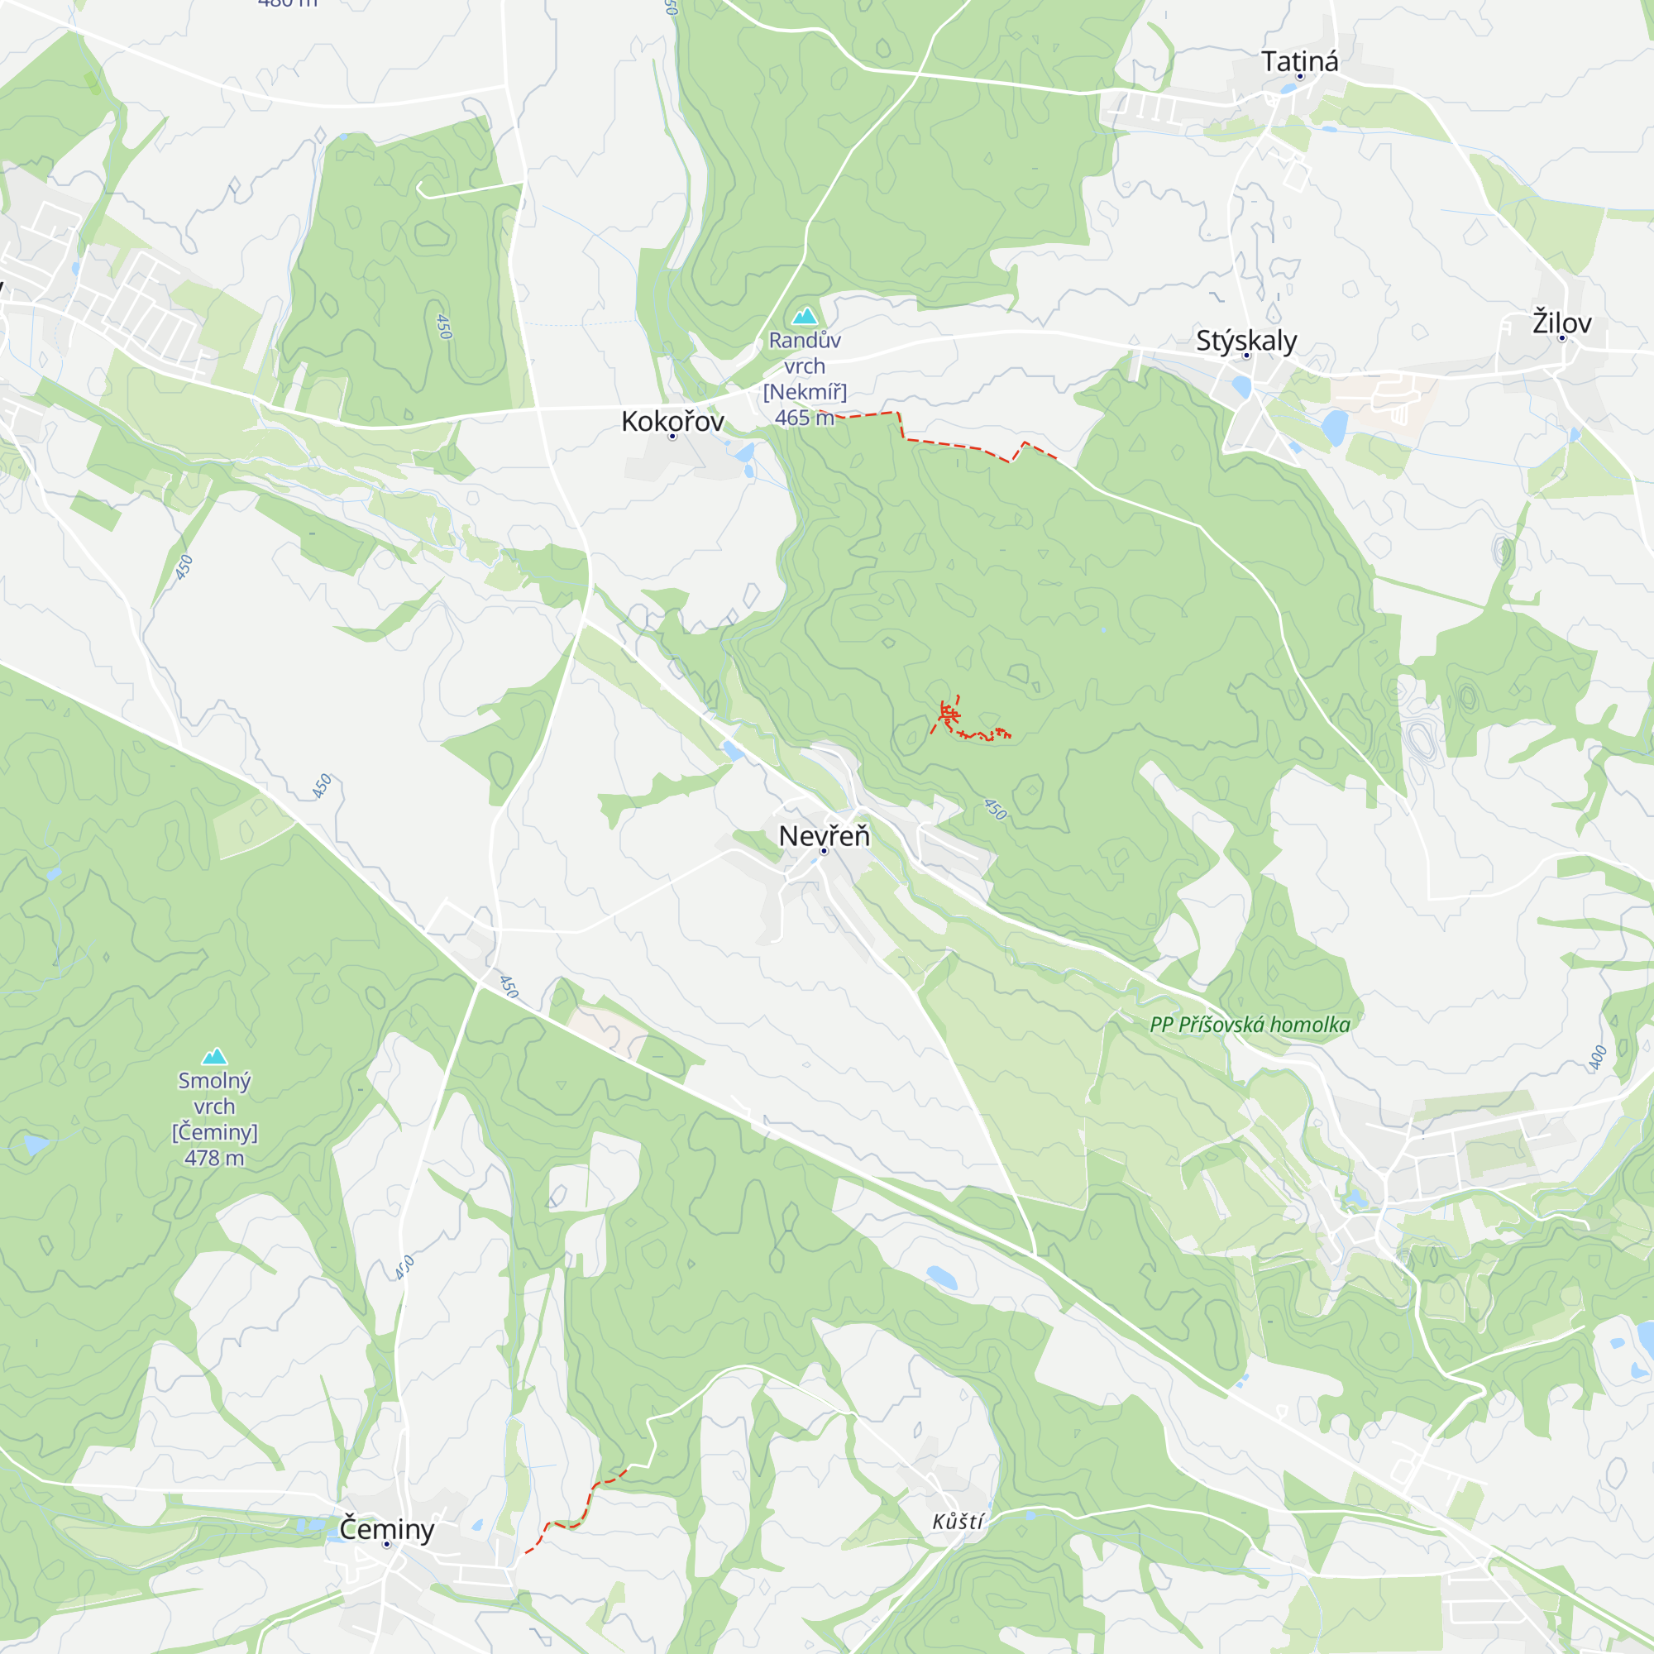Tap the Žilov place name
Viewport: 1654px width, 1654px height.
1561,323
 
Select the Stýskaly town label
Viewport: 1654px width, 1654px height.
1245,340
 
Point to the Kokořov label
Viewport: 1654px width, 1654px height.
672,421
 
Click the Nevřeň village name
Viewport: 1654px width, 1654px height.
824,835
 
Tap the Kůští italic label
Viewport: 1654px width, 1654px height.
958,1522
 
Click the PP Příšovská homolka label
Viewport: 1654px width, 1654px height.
1250,1025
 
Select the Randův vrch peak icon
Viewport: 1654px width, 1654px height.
804,317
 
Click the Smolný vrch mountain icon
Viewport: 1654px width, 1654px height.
214,1056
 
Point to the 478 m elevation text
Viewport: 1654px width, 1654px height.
214,1159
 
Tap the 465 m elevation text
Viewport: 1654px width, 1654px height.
804,418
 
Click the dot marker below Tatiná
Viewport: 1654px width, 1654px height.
1299,76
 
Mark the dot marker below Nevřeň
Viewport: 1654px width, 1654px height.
824,851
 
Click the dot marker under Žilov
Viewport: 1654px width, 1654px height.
1561,338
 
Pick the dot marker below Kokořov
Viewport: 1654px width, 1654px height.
672,437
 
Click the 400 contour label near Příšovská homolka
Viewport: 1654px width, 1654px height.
1598,1057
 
